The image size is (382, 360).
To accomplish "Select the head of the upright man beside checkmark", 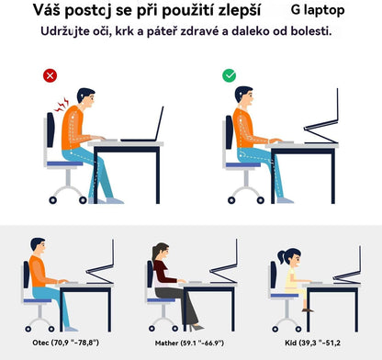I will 244,96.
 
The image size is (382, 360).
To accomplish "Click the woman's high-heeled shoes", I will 197,325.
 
